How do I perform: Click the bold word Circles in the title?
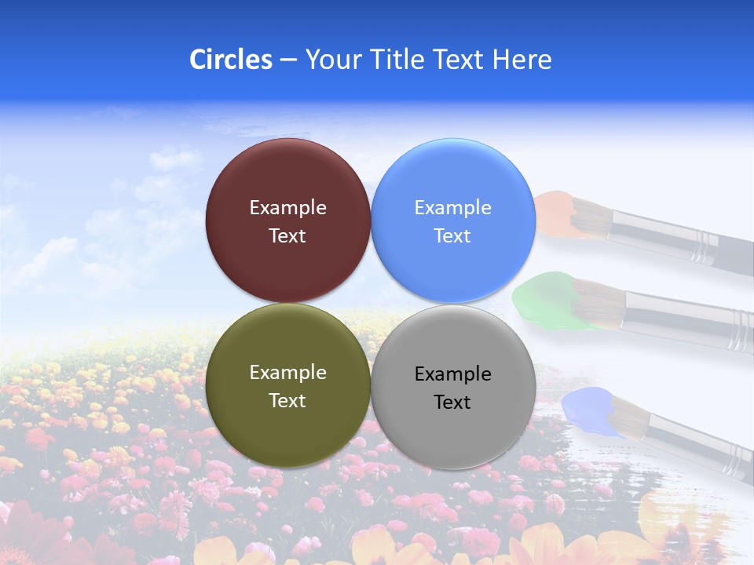(x=230, y=60)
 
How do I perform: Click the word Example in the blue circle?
(x=452, y=208)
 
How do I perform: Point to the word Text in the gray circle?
(x=452, y=403)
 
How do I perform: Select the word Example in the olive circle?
(x=287, y=373)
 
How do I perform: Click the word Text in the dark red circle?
(x=287, y=236)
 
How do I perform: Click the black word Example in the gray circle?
(x=452, y=374)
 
